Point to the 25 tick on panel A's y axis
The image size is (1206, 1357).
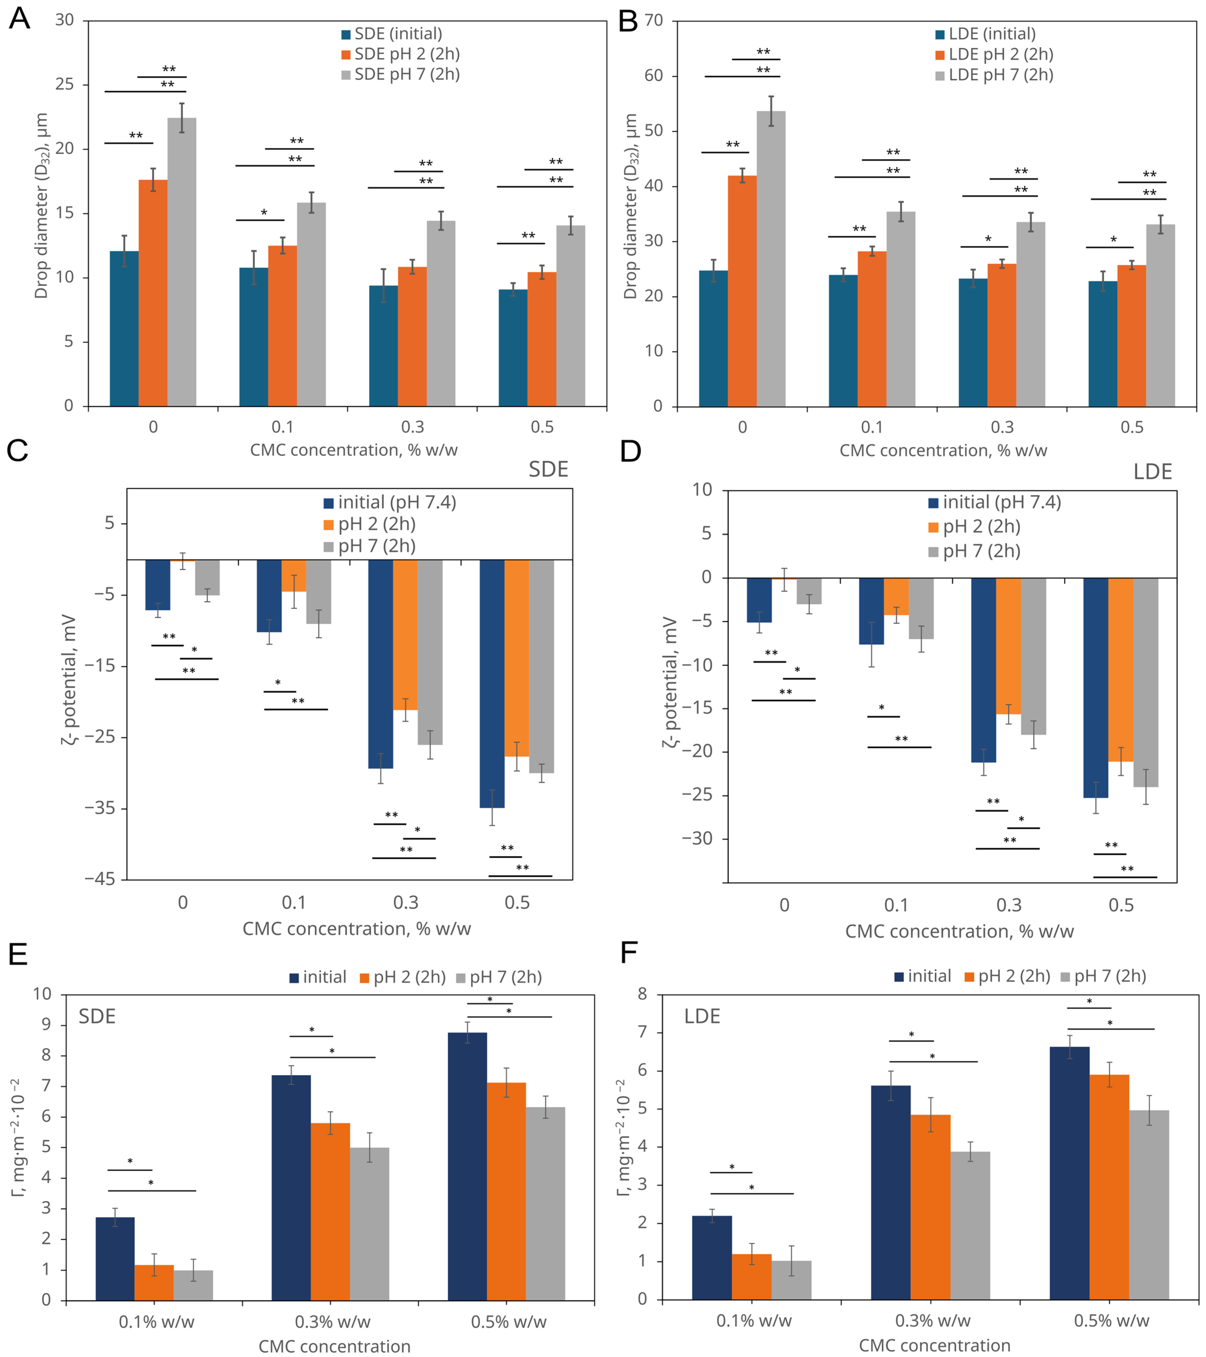point(65,84)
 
